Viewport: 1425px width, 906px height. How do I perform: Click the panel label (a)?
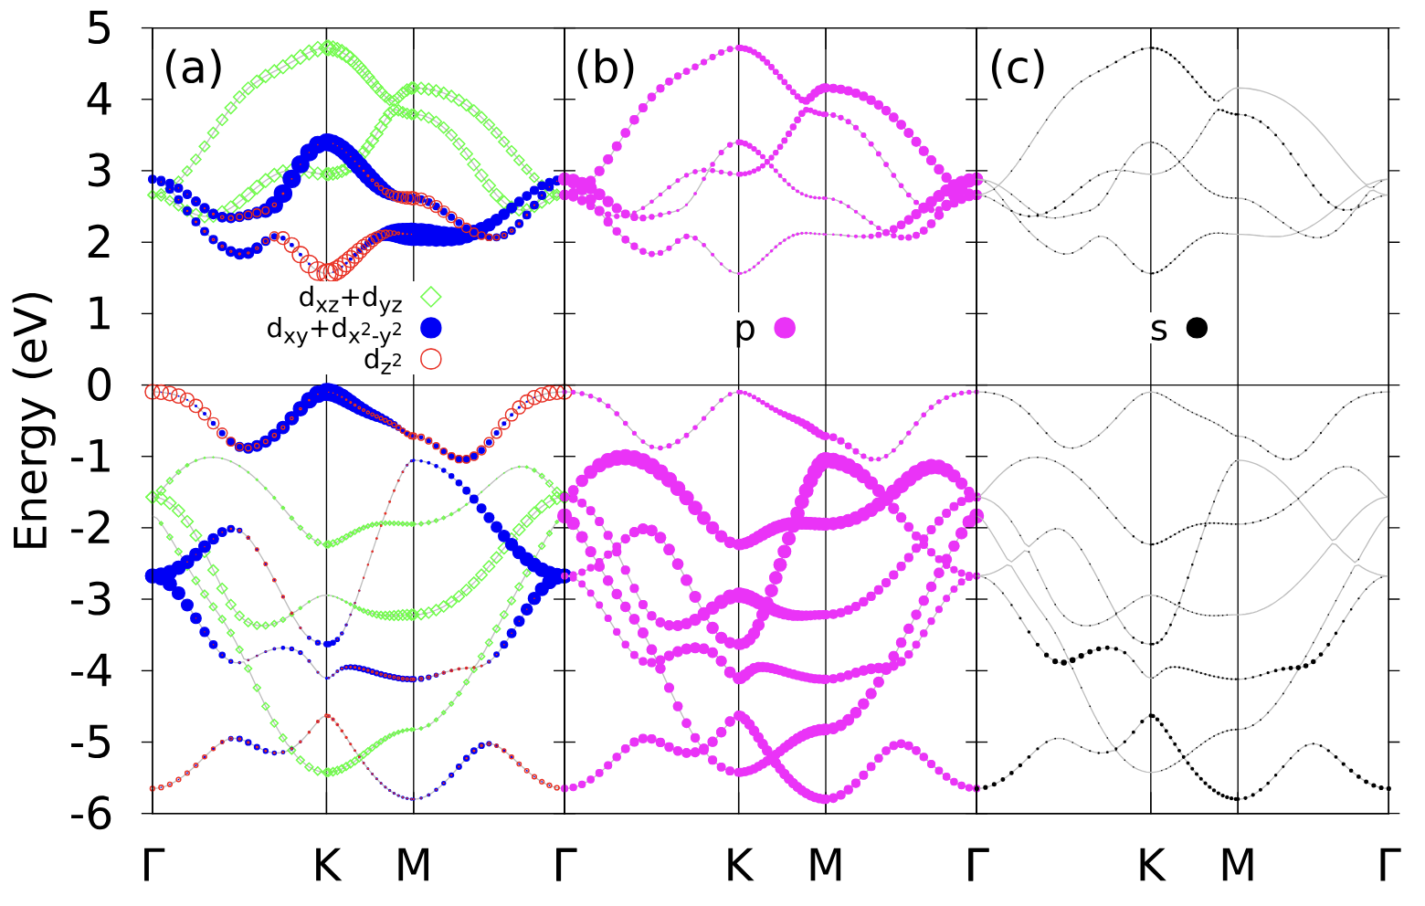click(193, 68)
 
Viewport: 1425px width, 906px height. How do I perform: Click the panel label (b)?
click(605, 68)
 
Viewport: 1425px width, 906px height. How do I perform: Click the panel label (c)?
click(1017, 68)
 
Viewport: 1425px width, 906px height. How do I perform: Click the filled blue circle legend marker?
click(430, 328)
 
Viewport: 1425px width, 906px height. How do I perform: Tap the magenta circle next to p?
click(785, 329)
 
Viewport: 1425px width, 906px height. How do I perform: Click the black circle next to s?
click(1197, 329)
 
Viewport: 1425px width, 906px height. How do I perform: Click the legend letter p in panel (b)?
click(745, 331)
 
